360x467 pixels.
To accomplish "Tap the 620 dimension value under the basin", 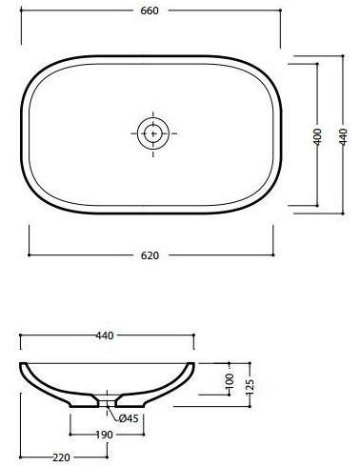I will (x=150, y=255).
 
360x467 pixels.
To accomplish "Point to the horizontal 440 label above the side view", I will (x=105, y=335).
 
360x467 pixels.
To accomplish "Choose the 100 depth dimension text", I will (x=229, y=379).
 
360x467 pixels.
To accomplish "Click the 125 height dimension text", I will (x=250, y=384).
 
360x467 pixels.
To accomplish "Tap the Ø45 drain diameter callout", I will (x=130, y=416).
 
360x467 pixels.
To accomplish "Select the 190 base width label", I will (x=105, y=435).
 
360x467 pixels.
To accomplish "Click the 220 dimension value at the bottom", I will (x=62, y=457).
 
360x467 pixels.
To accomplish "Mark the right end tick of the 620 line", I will (x=279, y=254).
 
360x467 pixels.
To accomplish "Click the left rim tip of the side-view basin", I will (x=21, y=363).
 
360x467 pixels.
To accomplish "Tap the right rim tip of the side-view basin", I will (x=194, y=363).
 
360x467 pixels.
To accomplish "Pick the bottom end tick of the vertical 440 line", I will (x=342, y=215).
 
